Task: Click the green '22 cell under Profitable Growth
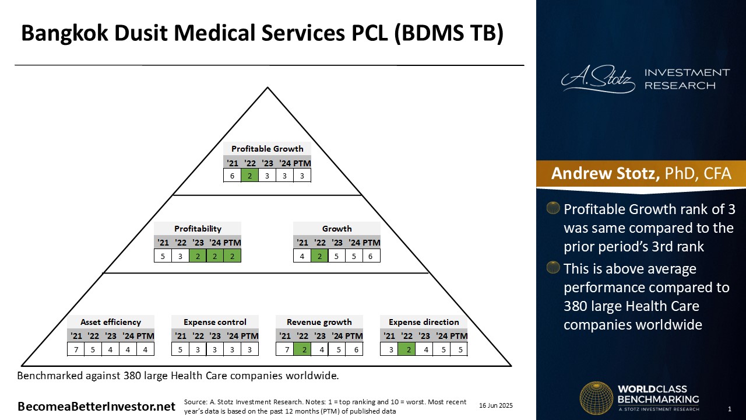pyautogui.click(x=249, y=176)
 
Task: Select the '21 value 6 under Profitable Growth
pyautogui.click(x=232, y=176)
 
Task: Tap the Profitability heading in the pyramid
pyautogui.click(x=198, y=229)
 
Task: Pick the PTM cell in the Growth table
pyautogui.click(x=371, y=256)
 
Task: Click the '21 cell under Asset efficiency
pyautogui.click(x=76, y=349)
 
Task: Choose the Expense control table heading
pyautogui.click(x=215, y=322)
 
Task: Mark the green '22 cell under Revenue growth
pyautogui.click(x=302, y=349)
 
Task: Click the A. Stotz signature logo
pyautogui.click(x=598, y=79)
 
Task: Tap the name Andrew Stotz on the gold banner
pyautogui.click(x=605, y=173)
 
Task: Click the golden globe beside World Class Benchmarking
pyautogui.click(x=596, y=398)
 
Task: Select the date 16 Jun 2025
pyautogui.click(x=496, y=405)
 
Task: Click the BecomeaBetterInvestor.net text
pyautogui.click(x=96, y=407)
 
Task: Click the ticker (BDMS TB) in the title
pyautogui.click(x=449, y=33)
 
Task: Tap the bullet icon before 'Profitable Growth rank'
pyautogui.click(x=553, y=208)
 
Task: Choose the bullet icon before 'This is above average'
pyautogui.click(x=553, y=267)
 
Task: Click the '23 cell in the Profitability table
pyautogui.click(x=198, y=256)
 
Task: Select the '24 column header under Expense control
pyautogui.click(x=233, y=335)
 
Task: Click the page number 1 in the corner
pyautogui.click(x=729, y=409)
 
